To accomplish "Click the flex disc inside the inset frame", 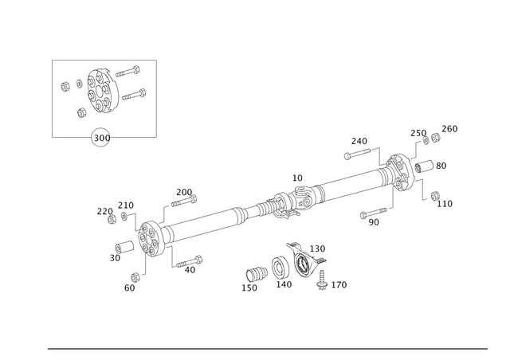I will (x=101, y=90).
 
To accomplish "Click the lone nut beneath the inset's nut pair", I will (x=83, y=112).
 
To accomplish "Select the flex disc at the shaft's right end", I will (x=398, y=172).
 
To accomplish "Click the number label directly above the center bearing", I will (x=297, y=176).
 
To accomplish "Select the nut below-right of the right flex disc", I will (x=441, y=202).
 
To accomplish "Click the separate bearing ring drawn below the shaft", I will (x=303, y=264).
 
